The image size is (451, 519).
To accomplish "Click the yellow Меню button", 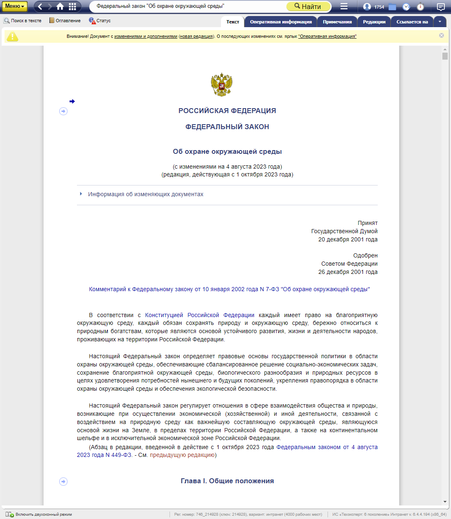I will coord(14,6).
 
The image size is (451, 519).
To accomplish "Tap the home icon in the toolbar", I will coord(60,6).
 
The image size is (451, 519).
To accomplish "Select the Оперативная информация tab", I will coord(281,22).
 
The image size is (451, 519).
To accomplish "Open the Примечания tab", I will coord(337,22).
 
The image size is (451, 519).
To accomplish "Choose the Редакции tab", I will coord(374,22).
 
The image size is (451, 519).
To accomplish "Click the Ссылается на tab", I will coord(412,22).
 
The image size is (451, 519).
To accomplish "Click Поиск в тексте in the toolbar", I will coord(23,21).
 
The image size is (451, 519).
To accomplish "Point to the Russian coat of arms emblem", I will coord(221,85).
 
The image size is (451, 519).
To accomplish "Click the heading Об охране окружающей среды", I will coord(227,151).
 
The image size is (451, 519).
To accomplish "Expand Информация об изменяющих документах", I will coord(145,194).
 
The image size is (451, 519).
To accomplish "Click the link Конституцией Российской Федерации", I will coord(200,315).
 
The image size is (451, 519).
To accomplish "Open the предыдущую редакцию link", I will coord(182,455).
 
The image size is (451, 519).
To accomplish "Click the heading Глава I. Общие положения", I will coord(227,481).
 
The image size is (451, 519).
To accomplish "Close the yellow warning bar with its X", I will coord(442,35).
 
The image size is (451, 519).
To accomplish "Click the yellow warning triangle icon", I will coord(12,36).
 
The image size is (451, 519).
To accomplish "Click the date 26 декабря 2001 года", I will coord(348,272).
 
